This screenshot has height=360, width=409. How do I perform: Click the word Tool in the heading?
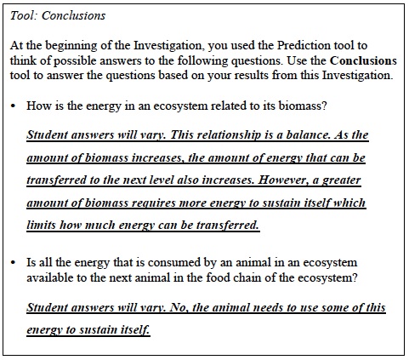[x=20, y=15]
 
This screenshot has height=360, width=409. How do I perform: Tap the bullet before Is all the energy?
[x=14, y=262]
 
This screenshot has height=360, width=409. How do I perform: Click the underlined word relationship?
[x=238, y=135]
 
